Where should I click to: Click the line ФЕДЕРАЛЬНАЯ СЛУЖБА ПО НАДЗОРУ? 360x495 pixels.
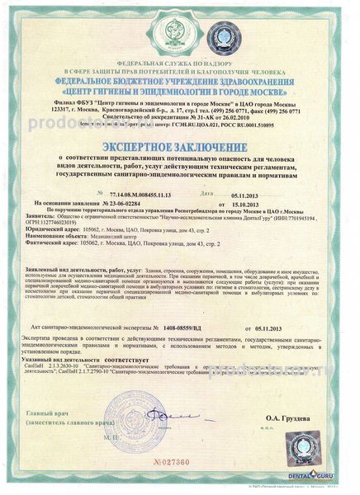point(180,64)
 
